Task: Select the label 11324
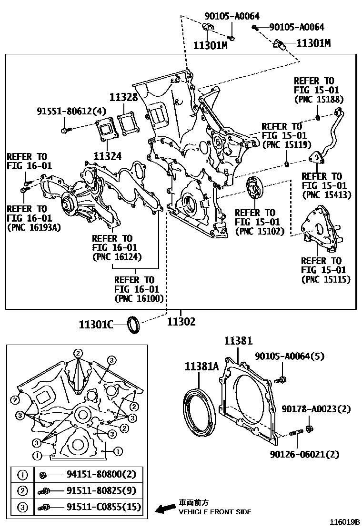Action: click(108, 155)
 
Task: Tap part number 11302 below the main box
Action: click(181, 322)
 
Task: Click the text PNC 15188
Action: click(319, 100)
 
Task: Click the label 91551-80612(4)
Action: click(71, 112)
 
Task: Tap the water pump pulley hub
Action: click(66, 206)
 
